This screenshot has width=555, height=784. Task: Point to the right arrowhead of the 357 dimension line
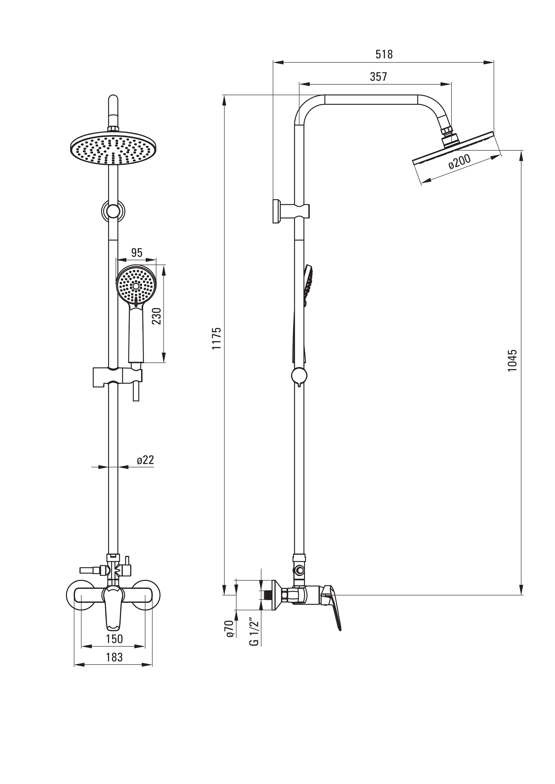point(446,84)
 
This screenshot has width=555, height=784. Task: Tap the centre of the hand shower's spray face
point(136,286)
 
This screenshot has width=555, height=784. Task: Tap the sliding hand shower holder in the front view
point(118,377)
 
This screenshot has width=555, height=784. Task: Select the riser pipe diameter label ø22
point(145,460)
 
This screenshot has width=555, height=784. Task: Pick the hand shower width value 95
point(136,253)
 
